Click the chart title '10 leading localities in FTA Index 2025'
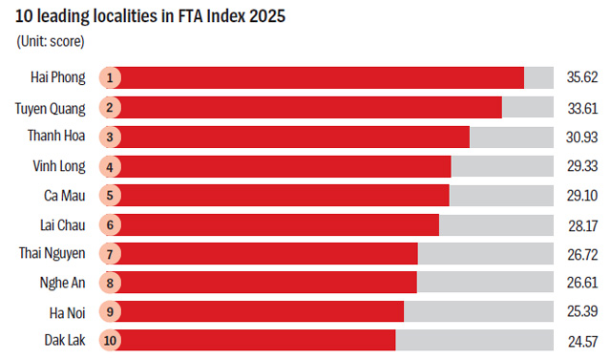[x=150, y=16]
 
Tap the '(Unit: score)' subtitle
[x=51, y=41]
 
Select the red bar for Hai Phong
[x=320, y=77]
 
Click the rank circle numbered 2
[x=110, y=108]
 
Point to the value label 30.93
[x=581, y=138]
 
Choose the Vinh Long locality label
[x=59, y=166]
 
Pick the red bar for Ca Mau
[x=283, y=195]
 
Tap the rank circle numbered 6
[x=110, y=224]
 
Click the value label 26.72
[x=582, y=254]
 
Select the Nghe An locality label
[x=62, y=283]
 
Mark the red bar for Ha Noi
[x=260, y=311]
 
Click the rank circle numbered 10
[x=110, y=340]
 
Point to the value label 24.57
[x=583, y=342]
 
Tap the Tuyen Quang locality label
[x=50, y=108]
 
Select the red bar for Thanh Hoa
[x=292, y=138]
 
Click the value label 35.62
[x=582, y=77]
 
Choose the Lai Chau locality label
[x=63, y=225]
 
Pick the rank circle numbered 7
[x=110, y=254]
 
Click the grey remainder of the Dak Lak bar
[x=474, y=340]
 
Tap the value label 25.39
[x=582, y=311]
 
